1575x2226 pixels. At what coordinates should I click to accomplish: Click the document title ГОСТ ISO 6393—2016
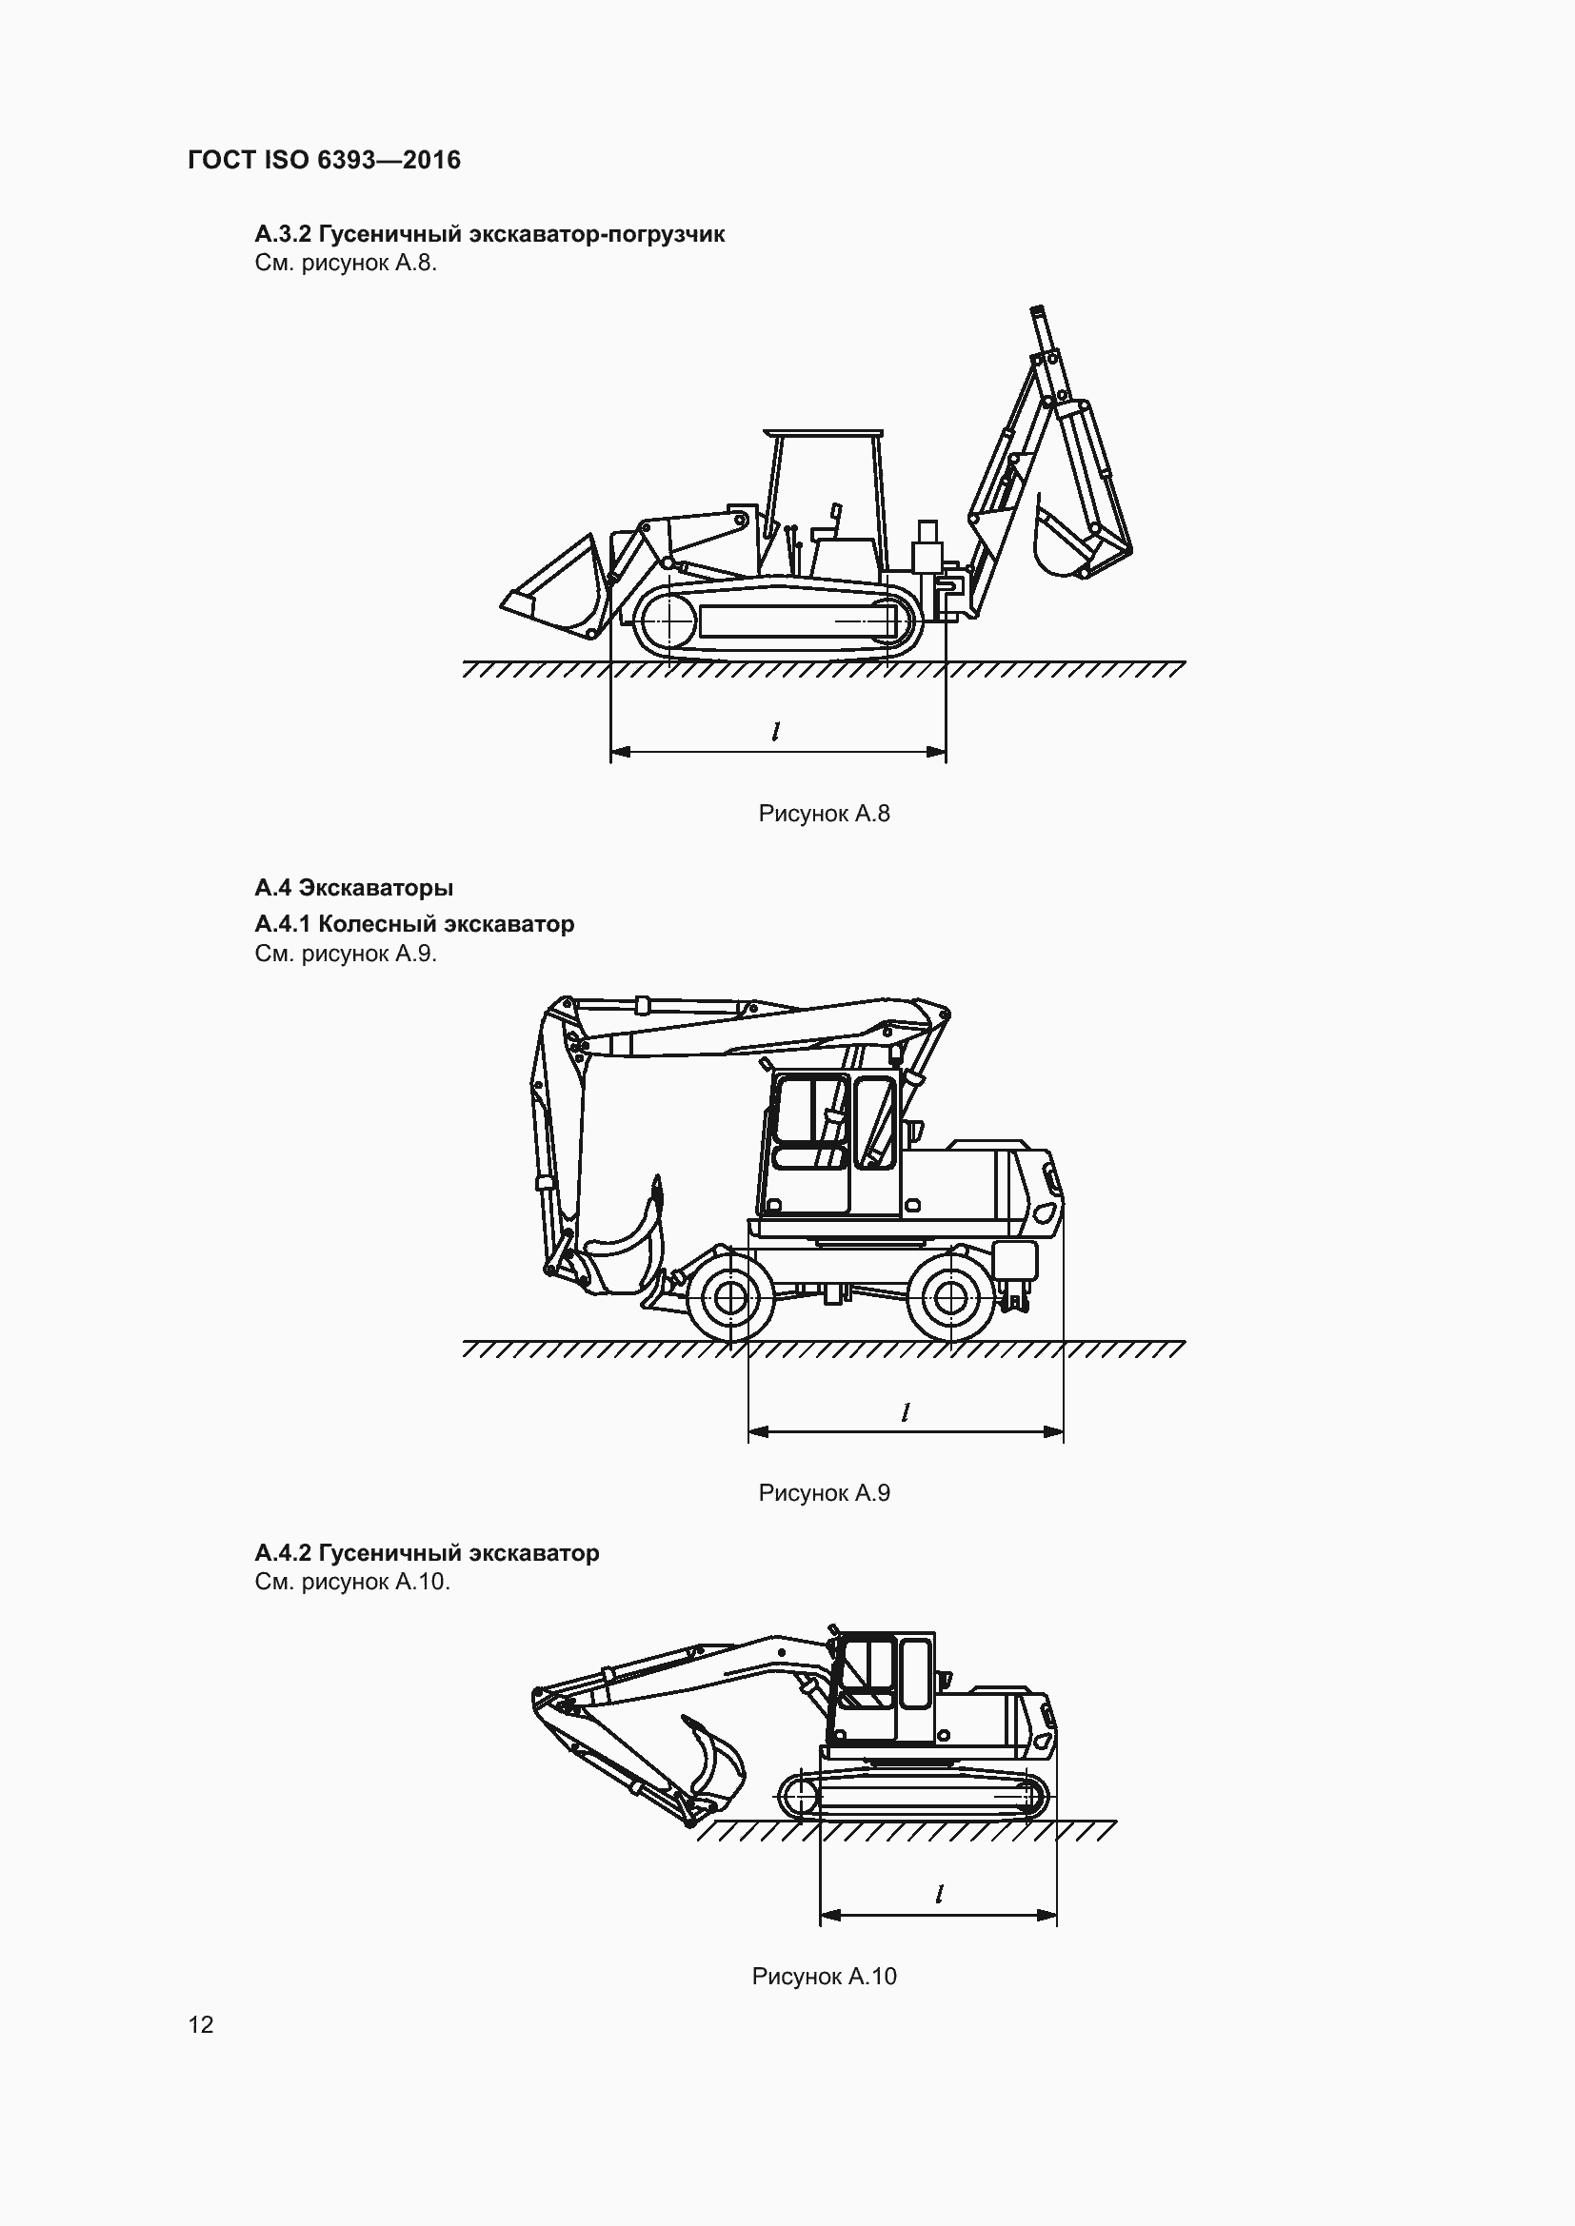pyautogui.click(x=324, y=160)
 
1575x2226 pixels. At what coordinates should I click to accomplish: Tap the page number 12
pyautogui.click(x=201, y=2024)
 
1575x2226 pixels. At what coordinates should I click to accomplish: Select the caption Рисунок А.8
pyautogui.click(x=824, y=814)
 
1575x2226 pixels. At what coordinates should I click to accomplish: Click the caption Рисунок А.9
pyautogui.click(x=824, y=1493)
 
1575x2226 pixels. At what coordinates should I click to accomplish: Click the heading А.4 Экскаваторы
pyautogui.click(x=354, y=888)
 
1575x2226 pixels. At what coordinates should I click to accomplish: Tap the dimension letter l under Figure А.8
pyautogui.click(x=775, y=732)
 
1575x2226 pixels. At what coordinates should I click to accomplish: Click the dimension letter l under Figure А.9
pyautogui.click(x=905, y=1412)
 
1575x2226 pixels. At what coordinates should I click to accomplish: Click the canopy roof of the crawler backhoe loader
pyautogui.click(x=823, y=433)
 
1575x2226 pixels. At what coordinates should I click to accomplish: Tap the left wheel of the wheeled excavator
pyautogui.click(x=729, y=1296)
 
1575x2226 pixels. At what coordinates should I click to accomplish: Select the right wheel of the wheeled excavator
pyautogui.click(x=950, y=1296)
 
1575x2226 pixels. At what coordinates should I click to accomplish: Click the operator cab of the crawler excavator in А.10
pyautogui.click(x=883, y=1687)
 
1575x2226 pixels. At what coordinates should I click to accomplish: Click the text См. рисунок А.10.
pyautogui.click(x=352, y=1583)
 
